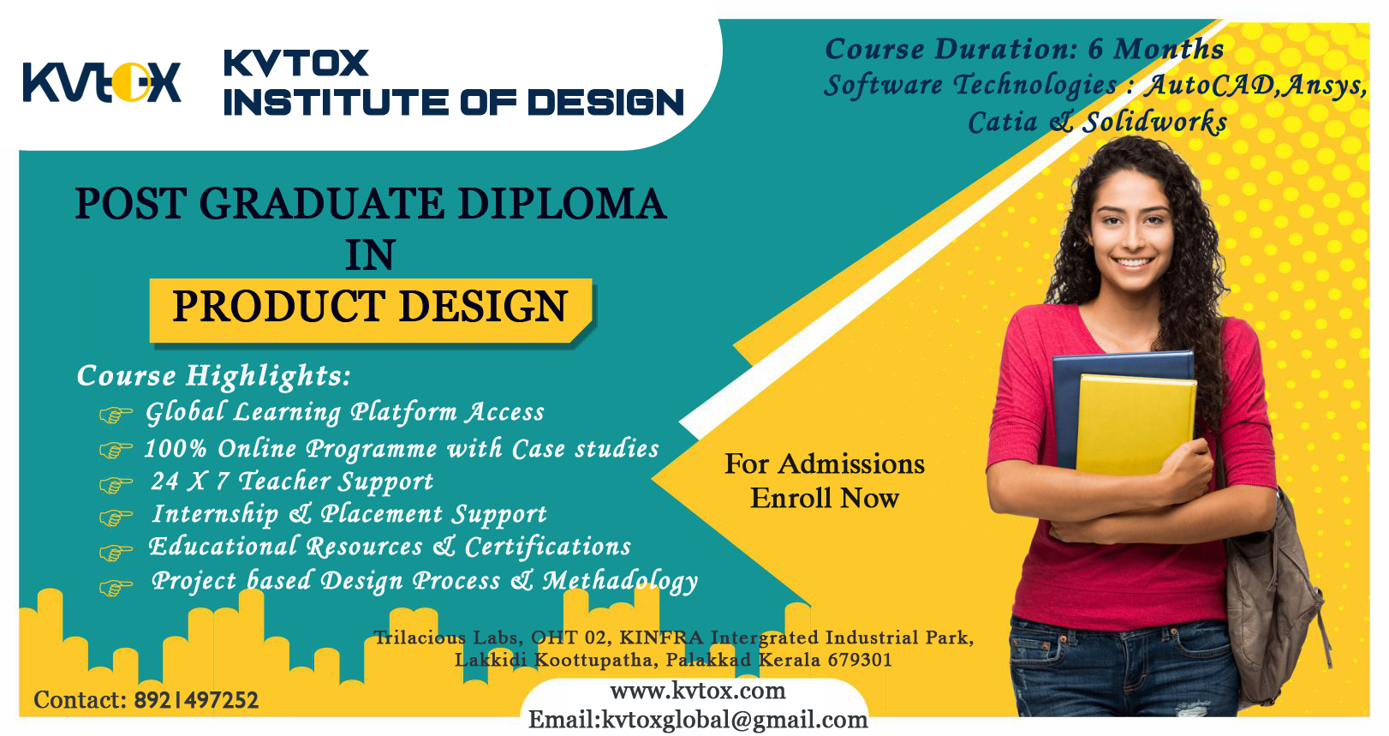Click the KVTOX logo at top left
pos(102,82)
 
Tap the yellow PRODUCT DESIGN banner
pos(371,311)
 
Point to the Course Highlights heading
pos(214,376)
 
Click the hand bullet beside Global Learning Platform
pos(116,415)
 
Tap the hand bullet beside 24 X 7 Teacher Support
pos(116,484)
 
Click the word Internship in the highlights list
pos(216,514)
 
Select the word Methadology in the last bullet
pos(621,582)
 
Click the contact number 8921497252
pos(196,700)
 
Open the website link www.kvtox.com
pos(698,691)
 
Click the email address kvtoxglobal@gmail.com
pos(735,721)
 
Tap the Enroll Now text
pos(825,499)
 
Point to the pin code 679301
pos(860,660)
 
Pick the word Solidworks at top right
pos(1154,123)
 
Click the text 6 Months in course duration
pos(1156,49)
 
